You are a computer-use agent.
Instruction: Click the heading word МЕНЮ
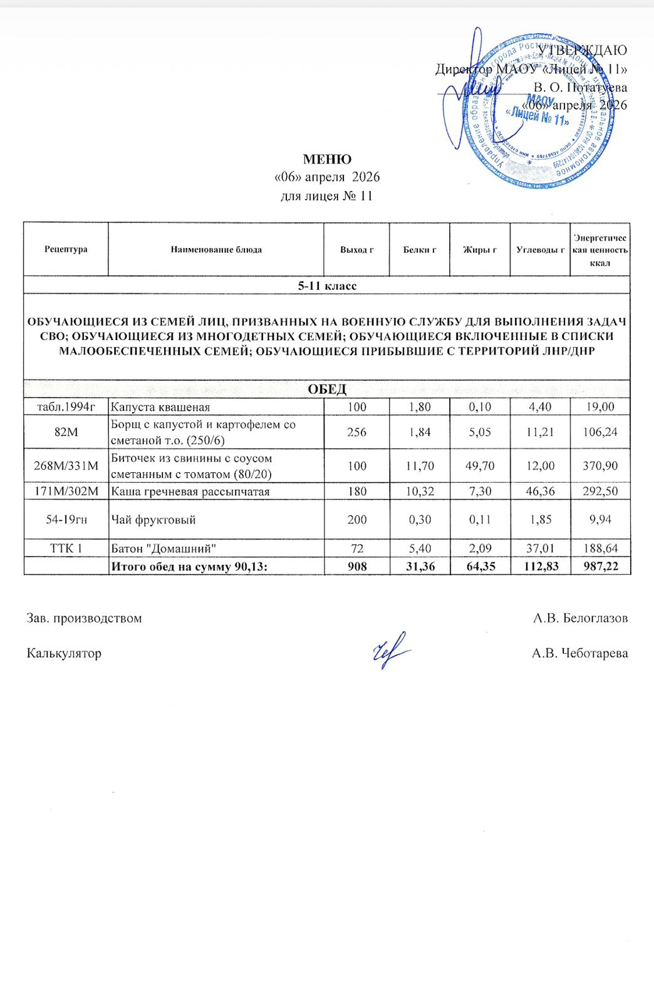(x=327, y=159)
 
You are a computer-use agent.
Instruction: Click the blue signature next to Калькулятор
(x=390, y=651)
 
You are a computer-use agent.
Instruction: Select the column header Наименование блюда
(x=216, y=249)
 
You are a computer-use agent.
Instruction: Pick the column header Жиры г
(x=480, y=249)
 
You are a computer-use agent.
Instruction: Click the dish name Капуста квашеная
(x=160, y=407)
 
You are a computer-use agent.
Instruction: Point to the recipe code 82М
(x=66, y=431)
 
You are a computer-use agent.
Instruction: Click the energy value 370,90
(x=599, y=466)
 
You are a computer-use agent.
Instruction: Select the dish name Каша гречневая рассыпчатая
(x=190, y=492)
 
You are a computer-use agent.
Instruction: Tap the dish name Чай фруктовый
(x=153, y=520)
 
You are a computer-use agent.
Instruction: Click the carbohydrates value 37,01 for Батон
(x=540, y=549)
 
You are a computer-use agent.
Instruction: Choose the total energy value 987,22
(x=599, y=567)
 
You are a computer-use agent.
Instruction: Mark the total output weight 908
(x=357, y=567)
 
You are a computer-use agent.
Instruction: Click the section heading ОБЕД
(x=327, y=390)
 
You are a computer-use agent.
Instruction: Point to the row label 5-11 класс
(x=327, y=286)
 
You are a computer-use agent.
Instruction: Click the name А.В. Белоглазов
(x=580, y=618)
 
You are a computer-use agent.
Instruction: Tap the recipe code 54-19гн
(x=66, y=520)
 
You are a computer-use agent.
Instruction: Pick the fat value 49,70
(x=480, y=466)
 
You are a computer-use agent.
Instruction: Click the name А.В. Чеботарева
(x=579, y=653)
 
